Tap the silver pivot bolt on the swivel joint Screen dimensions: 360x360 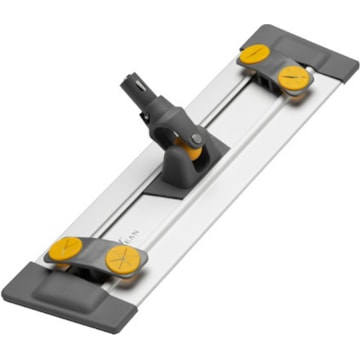point(196,139)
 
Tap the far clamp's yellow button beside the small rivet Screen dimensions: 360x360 point(293,76)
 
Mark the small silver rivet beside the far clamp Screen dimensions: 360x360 point(311,71)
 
